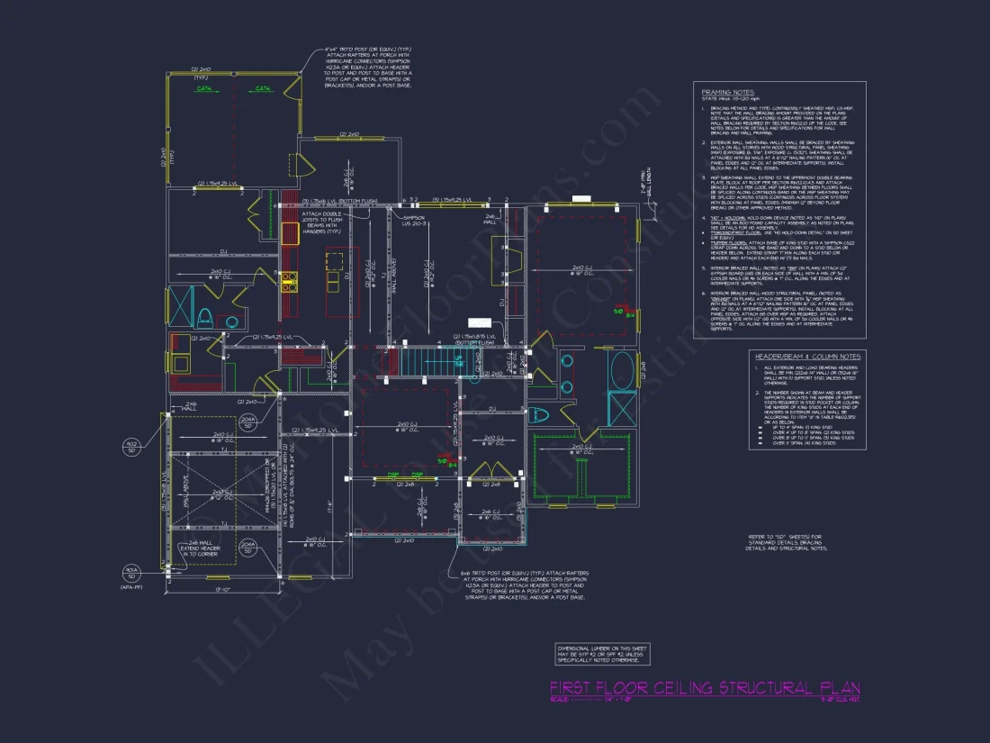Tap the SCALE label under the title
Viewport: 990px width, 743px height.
pos(559,701)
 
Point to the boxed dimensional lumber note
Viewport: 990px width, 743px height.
pos(601,654)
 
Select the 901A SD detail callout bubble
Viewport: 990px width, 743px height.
pos(130,572)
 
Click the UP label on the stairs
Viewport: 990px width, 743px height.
pos(458,361)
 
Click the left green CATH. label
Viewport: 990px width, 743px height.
pos(204,89)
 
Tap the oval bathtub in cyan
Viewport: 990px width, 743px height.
pos(622,370)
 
